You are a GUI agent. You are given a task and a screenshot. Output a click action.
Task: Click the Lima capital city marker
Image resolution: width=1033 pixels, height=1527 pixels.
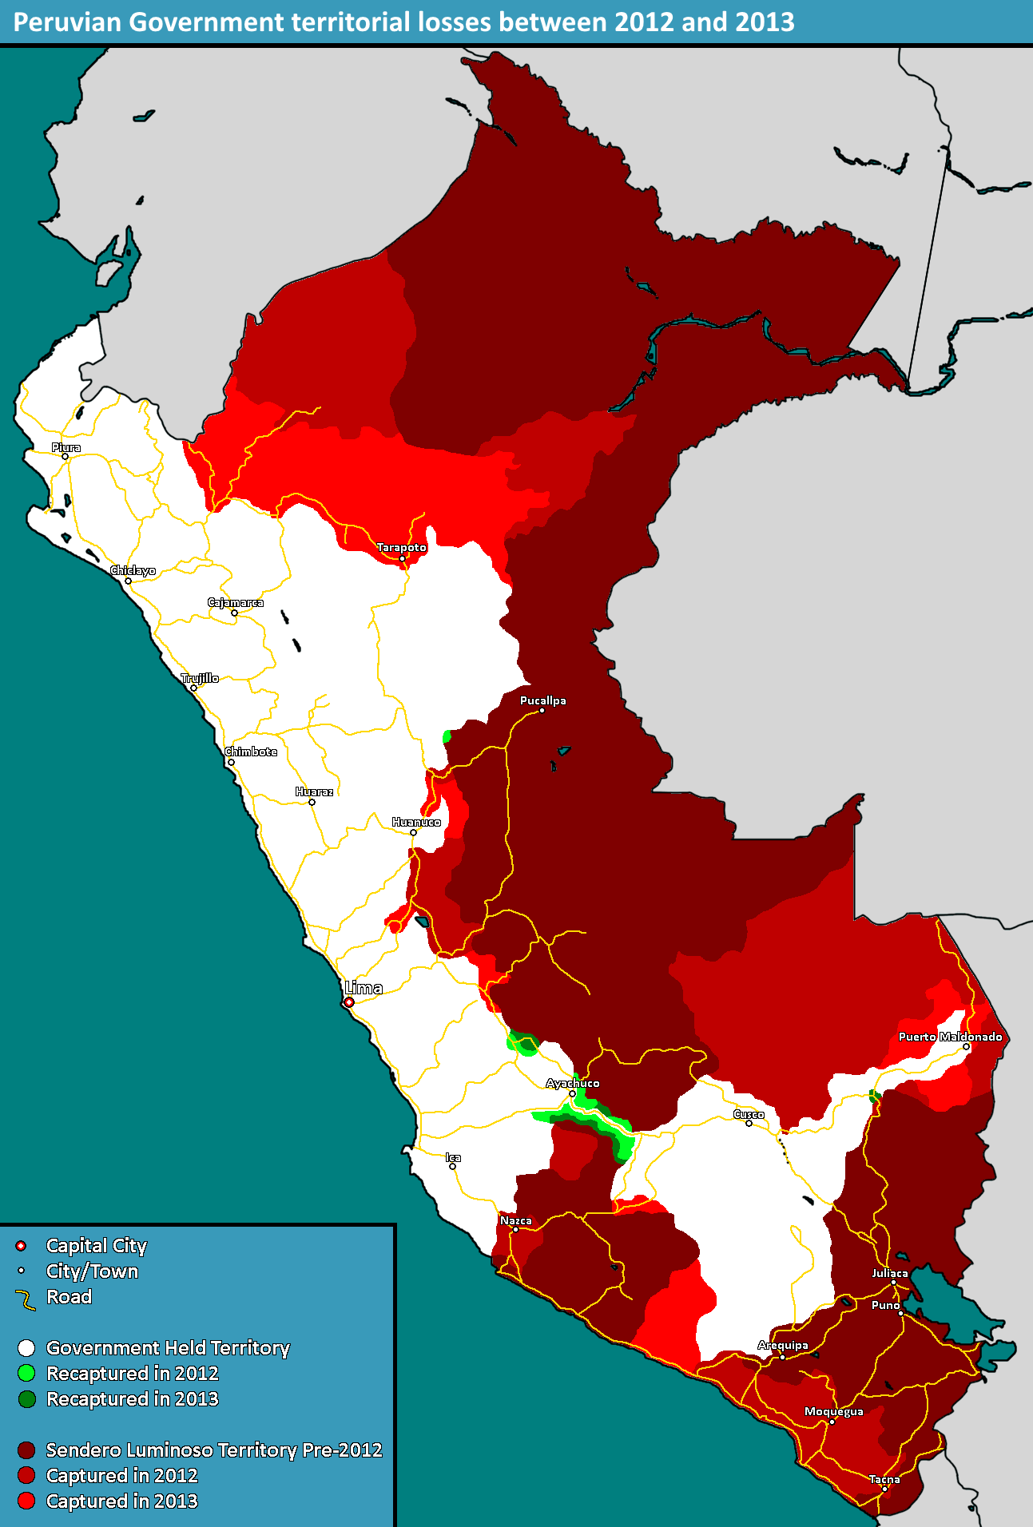(x=349, y=1001)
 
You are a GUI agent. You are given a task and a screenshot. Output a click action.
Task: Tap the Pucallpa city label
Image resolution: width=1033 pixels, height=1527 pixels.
(x=542, y=700)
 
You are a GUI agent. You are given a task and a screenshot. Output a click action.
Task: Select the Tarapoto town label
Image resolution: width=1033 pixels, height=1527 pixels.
(x=401, y=547)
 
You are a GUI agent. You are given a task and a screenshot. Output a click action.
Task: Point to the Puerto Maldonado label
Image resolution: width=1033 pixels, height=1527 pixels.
(x=950, y=1037)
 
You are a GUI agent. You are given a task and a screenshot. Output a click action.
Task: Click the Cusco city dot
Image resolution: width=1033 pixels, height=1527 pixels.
(x=749, y=1123)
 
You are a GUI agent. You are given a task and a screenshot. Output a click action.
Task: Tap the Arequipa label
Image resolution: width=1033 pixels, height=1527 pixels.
(x=783, y=1345)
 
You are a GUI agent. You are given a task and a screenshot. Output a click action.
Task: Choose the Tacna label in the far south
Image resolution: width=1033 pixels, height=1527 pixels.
(x=884, y=1479)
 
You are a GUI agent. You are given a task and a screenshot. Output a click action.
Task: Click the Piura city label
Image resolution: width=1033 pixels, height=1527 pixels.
(x=66, y=447)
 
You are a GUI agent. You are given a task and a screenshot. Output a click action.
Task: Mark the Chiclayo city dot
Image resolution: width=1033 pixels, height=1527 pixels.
(x=128, y=581)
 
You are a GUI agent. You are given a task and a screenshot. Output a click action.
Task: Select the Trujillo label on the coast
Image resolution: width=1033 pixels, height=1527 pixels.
(x=200, y=678)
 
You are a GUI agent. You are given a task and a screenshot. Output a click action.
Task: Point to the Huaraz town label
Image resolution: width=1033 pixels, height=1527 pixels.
(x=314, y=791)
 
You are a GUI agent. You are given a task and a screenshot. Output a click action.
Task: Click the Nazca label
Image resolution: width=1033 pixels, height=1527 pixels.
(x=515, y=1220)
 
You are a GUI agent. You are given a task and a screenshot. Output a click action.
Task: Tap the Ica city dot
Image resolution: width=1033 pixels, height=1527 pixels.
(x=452, y=1166)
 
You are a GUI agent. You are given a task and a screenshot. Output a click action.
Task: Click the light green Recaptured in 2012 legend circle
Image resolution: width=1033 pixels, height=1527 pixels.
(x=26, y=1373)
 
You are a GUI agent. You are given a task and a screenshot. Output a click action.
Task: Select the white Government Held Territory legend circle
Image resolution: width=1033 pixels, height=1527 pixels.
(x=26, y=1348)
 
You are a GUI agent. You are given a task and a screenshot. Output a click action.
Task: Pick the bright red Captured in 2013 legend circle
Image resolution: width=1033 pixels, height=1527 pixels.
(x=26, y=1501)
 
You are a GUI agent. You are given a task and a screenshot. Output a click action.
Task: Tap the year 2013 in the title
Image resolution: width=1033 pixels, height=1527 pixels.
(x=765, y=22)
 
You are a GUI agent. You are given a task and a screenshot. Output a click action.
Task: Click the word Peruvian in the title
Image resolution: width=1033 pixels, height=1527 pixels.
(x=67, y=22)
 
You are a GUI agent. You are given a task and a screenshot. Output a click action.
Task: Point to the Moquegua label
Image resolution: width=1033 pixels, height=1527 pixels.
(x=833, y=1411)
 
